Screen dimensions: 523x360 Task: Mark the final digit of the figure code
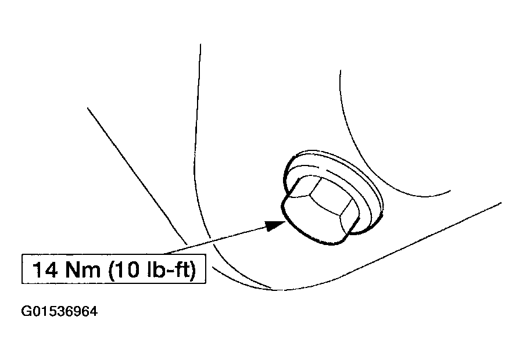point(93,312)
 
